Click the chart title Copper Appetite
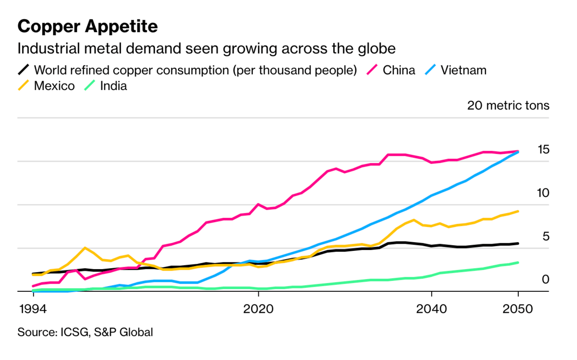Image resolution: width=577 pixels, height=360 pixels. click(x=88, y=27)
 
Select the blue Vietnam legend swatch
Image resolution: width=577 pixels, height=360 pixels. click(x=431, y=70)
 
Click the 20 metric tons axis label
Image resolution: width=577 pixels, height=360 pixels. click(x=508, y=106)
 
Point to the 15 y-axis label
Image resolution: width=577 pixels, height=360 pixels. click(x=543, y=149)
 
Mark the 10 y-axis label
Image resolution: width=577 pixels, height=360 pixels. click(x=542, y=193)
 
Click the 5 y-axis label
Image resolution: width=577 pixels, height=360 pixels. click(x=545, y=236)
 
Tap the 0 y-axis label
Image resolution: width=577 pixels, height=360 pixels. click(x=545, y=279)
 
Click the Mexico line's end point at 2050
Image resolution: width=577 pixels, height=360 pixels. click(x=518, y=211)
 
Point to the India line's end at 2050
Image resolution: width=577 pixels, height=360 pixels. click(x=518, y=262)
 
